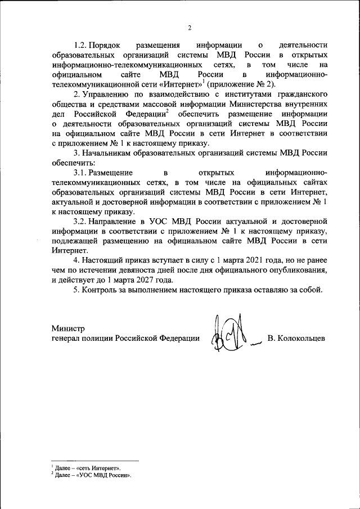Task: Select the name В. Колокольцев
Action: coord(296,338)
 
